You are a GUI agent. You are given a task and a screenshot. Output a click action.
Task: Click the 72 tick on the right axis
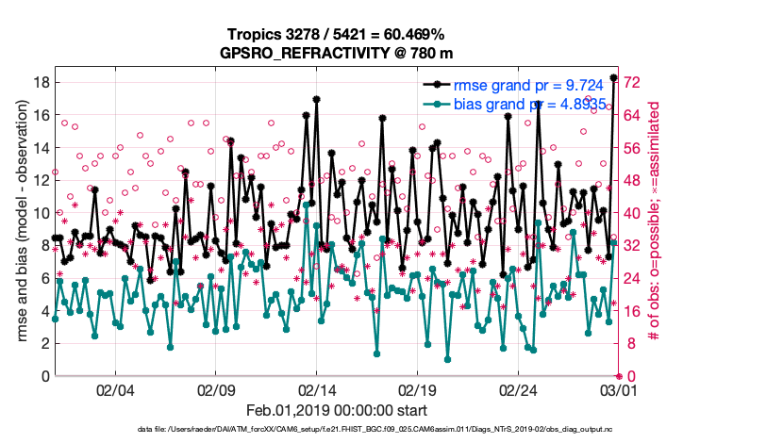pos(632,82)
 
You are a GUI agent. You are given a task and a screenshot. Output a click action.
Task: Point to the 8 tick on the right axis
pos(628,344)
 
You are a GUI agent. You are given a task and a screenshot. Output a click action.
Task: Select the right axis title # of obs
pos(654,221)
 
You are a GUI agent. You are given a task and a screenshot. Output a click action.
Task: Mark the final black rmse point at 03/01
pos(614,78)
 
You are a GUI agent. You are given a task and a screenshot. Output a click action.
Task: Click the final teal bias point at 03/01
pos(614,242)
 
